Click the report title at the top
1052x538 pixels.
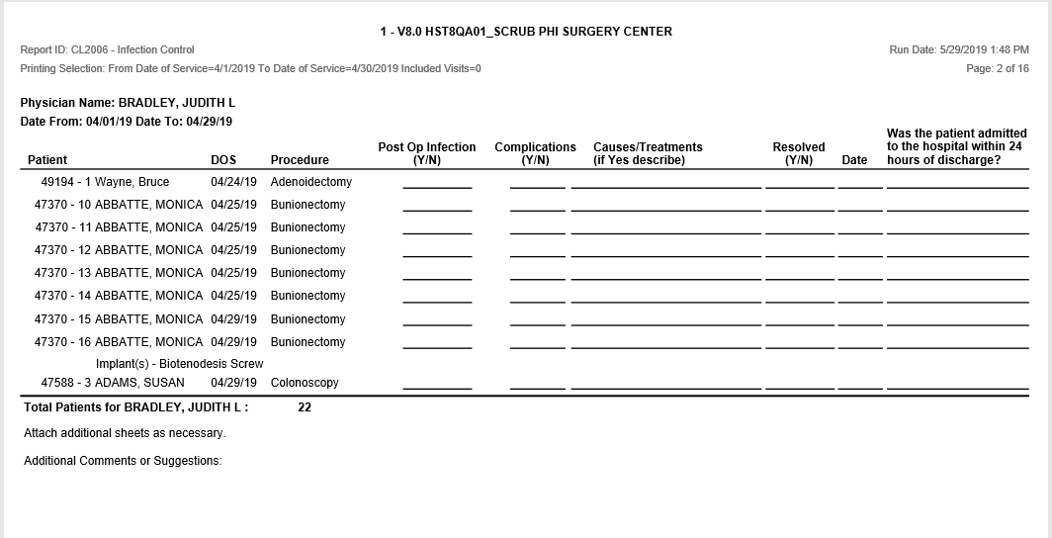pyautogui.click(x=525, y=32)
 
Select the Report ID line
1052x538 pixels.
pyautogui.click(x=107, y=49)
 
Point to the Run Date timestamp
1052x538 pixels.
pyautogui.click(x=959, y=49)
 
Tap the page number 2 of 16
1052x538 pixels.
pyautogui.click(x=998, y=68)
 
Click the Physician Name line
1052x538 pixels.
pyautogui.click(x=128, y=103)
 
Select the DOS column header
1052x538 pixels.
pyautogui.click(x=223, y=160)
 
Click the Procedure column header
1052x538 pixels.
pyautogui.click(x=300, y=160)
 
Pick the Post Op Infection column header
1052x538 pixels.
pyautogui.click(x=427, y=153)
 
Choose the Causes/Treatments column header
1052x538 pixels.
pyautogui.click(x=648, y=153)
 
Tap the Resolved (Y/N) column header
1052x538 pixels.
pyautogui.click(x=798, y=153)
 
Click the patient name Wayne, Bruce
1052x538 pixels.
pyautogui.click(x=131, y=182)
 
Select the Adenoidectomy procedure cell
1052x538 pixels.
pyautogui.click(x=310, y=182)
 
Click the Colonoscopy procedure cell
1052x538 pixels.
pyautogui.click(x=305, y=383)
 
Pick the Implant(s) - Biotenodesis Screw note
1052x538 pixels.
pyautogui.click(x=179, y=364)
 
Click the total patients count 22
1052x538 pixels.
pyautogui.click(x=305, y=407)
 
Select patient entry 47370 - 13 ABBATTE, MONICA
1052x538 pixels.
pyautogui.click(x=119, y=273)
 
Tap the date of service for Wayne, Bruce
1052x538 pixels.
pyautogui.click(x=233, y=182)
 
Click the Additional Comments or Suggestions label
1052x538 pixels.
pyautogui.click(x=123, y=461)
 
